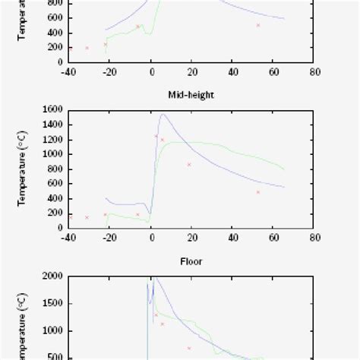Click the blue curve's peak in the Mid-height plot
point(162,115)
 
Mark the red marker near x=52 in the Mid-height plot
point(258,192)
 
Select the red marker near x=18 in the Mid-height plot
point(189,164)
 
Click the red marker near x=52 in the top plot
point(258,25)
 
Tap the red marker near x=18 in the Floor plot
point(189,348)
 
